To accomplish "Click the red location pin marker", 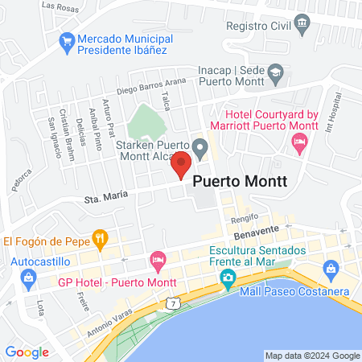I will click(x=181, y=165).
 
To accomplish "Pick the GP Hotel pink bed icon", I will click(x=158, y=260).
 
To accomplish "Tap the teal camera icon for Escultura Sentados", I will click(x=228, y=278).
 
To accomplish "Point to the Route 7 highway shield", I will click(x=172, y=302).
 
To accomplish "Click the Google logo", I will click(x=27, y=352).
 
